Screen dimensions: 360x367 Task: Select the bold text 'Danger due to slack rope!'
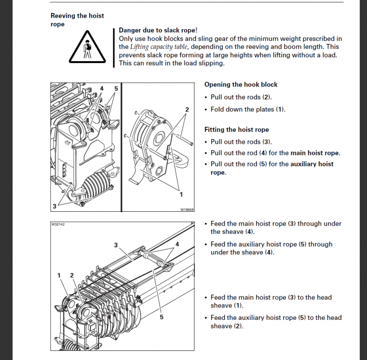point(158,30)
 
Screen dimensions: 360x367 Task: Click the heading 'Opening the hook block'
point(241,85)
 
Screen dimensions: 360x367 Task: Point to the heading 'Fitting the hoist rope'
point(237,130)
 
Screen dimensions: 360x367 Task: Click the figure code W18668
point(187,209)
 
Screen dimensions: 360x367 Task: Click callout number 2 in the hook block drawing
point(187,109)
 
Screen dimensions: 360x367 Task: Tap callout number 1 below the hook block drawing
point(181,195)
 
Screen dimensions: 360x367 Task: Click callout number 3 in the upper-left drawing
point(54,206)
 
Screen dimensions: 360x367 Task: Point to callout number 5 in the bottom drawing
point(161,316)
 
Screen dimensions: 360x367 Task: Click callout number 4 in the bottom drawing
point(177,244)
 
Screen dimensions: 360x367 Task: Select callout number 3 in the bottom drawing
point(116,245)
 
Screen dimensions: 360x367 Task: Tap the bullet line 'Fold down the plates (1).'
point(248,109)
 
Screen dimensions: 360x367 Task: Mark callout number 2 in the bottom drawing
point(72,275)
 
